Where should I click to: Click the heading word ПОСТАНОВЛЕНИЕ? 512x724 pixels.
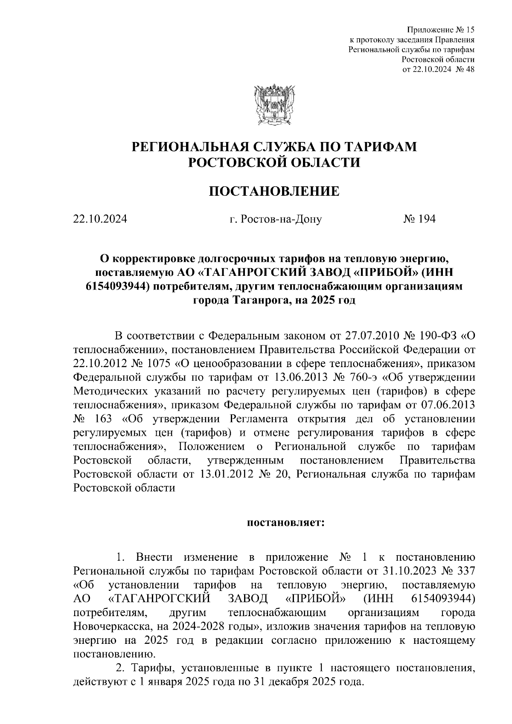[x=274, y=191]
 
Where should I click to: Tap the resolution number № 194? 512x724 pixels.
[x=419, y=220]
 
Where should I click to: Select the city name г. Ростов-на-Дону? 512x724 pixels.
[x=276, y=220]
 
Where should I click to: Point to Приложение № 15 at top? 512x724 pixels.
[x=441, y=30]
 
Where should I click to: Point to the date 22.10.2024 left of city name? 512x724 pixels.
[x=100, y=220]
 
